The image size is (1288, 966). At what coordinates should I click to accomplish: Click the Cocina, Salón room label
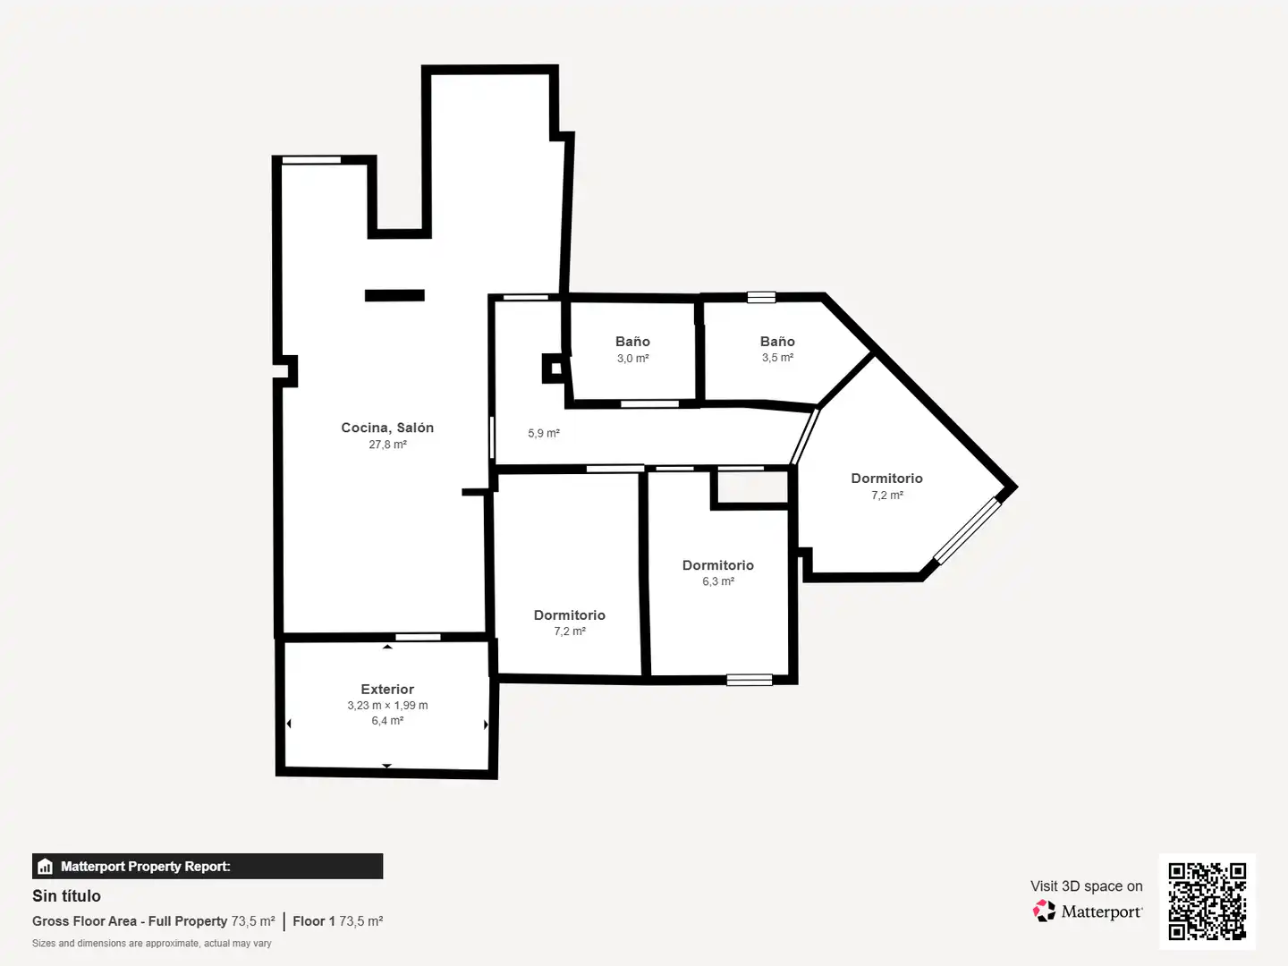387,428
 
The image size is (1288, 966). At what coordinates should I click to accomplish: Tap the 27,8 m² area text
387,445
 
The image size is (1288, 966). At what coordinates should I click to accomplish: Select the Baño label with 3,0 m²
632,342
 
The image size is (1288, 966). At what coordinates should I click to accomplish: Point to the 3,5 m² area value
777,358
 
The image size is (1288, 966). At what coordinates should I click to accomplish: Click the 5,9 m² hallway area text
543,434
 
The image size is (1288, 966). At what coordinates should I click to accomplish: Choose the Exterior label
387,689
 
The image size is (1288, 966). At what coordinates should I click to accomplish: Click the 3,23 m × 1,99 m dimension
387,705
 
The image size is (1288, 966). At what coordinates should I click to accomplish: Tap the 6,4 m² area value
387,720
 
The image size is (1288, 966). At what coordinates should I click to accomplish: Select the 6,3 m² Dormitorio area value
718,581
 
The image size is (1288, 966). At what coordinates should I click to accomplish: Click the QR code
1207,902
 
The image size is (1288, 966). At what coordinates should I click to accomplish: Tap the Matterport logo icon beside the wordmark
1044,911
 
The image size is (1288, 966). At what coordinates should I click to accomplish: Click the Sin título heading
66,896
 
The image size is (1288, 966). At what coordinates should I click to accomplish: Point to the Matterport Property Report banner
208,867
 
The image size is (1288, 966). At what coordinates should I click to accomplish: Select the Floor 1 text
314,921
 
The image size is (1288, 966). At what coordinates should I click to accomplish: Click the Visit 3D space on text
1086,886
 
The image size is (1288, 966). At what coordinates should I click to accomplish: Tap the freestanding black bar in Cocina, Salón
395,295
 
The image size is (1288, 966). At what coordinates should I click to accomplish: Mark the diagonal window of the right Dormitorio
967,530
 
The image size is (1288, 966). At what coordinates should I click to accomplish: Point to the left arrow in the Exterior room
289,724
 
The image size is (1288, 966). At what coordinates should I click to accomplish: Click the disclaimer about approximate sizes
151,944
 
